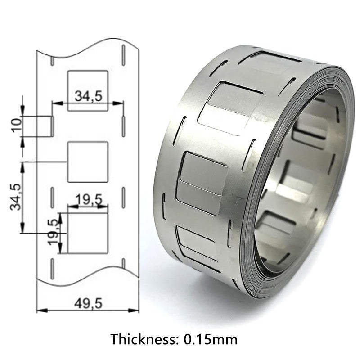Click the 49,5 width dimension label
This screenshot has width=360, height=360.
88,302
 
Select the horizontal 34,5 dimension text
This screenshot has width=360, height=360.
88,96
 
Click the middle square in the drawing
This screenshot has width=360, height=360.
88,162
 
